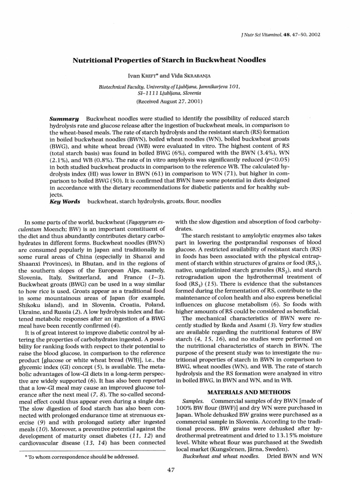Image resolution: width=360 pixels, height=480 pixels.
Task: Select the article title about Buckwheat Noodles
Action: [168, 60]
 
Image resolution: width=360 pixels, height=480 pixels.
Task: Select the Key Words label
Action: [65, 201]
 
